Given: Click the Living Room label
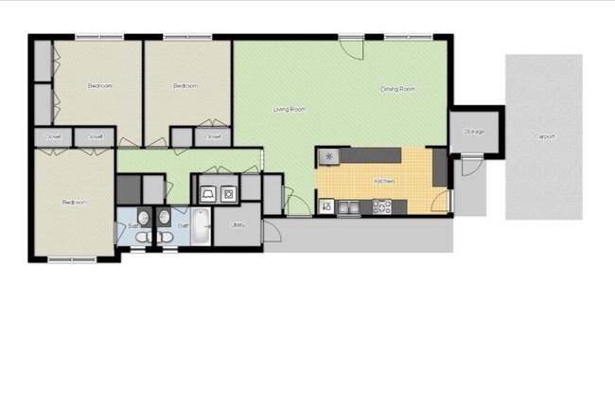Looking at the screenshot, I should point(290,110).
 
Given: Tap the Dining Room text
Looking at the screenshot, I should point(397,89).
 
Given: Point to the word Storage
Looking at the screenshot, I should point(473,132).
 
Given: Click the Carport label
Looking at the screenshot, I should point(544,136).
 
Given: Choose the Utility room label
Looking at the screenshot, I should point(237,224).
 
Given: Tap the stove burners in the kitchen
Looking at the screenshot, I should point(382,205).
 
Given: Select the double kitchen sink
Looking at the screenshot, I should point(348,206).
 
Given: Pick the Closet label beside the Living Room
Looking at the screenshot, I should point(213,137).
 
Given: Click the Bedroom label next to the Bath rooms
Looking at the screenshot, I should point(75,202).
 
